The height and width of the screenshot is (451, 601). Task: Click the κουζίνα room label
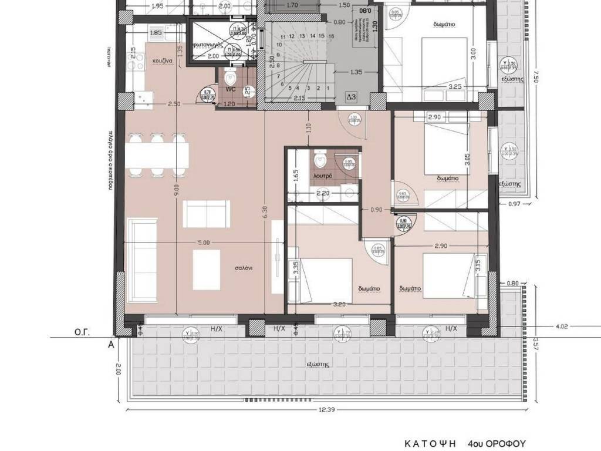(x=162, y=60)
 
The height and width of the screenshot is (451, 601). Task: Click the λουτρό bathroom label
(x=323, y=176)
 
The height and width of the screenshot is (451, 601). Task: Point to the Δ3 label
(x=351, y=96)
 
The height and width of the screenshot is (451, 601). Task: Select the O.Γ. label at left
(x=81, y=332)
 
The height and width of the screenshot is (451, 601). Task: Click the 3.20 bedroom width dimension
(x=338, y=304)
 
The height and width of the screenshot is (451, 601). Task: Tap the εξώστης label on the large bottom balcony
(x=317, y=364)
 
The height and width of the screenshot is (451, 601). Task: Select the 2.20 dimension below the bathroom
(x=323, y=193)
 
